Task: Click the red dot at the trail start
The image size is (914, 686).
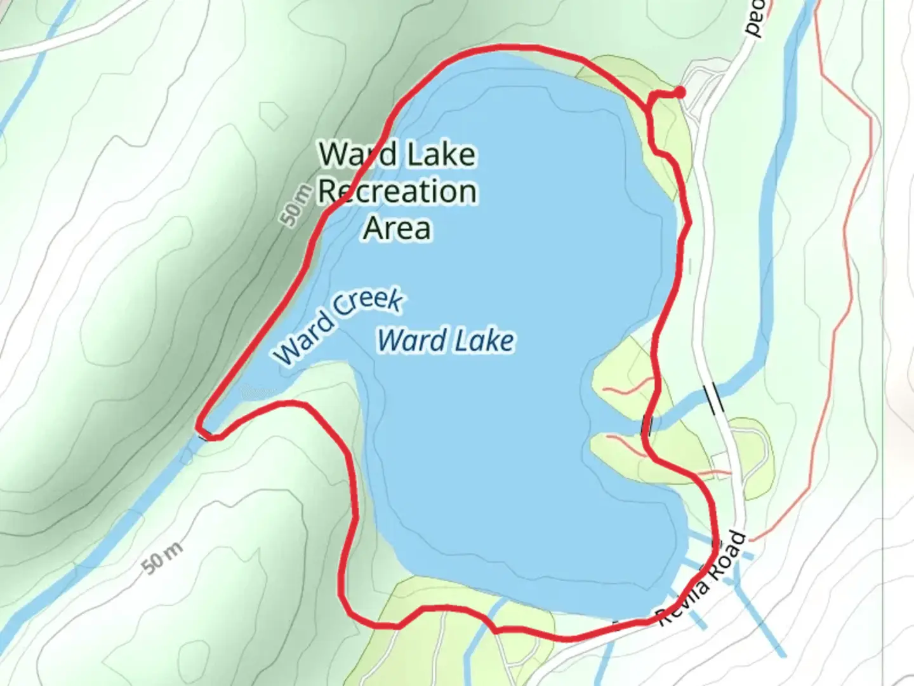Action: click(x=679, y=93)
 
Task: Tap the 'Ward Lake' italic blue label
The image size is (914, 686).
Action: click(x=446, y=340)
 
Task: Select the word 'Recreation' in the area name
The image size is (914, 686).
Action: click(x=397, y=191)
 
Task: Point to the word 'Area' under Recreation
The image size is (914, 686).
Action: click(x=397, y=227)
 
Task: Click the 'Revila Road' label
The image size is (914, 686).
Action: click(x=701, y=579)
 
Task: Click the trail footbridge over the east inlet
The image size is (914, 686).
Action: click(x=647, y=424)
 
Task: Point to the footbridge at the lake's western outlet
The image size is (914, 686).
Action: click(x=204, y=434)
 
